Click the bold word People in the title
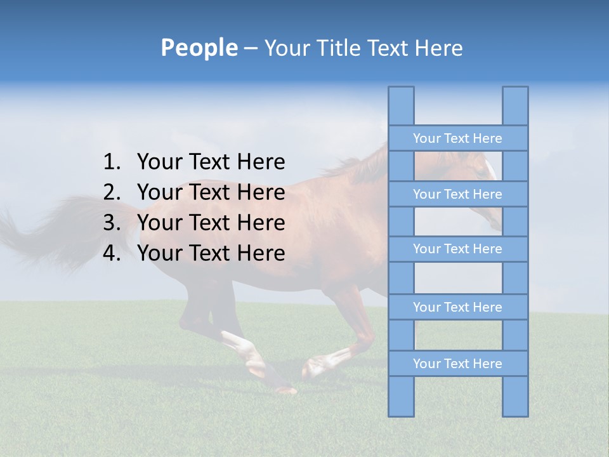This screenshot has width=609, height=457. (x=199, y=48)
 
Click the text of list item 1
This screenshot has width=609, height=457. (x=211, y=162)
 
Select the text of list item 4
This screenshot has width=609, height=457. (x=211, y=253)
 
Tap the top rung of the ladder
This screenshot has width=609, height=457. (x=457, y=138)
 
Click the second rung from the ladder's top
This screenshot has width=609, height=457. (x=457, y=194)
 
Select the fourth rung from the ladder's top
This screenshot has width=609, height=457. (x=457, y=307)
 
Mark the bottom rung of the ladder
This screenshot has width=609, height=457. (x=457, y=364)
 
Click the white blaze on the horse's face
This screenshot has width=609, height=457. (x=490, y=169)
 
